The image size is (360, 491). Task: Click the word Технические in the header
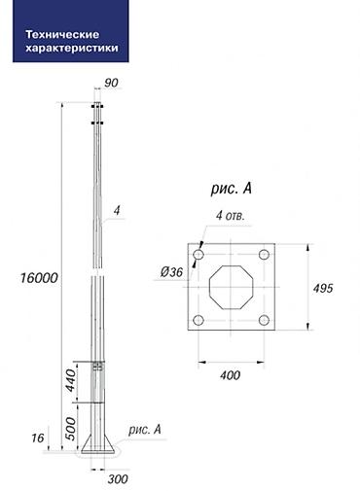point(62,34)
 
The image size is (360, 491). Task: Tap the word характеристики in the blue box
point(72,48)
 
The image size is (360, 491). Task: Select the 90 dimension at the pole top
point(111,83)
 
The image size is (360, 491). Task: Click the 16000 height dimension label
point(39,278)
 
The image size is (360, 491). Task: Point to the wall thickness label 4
point(117,211)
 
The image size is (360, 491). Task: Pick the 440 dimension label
point(71,380)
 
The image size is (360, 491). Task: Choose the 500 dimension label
point(71,429)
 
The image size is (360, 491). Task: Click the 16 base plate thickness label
point(38,438)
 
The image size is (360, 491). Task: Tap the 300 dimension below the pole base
point(118,479)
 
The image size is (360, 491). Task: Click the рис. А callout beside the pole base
point(145,430)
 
